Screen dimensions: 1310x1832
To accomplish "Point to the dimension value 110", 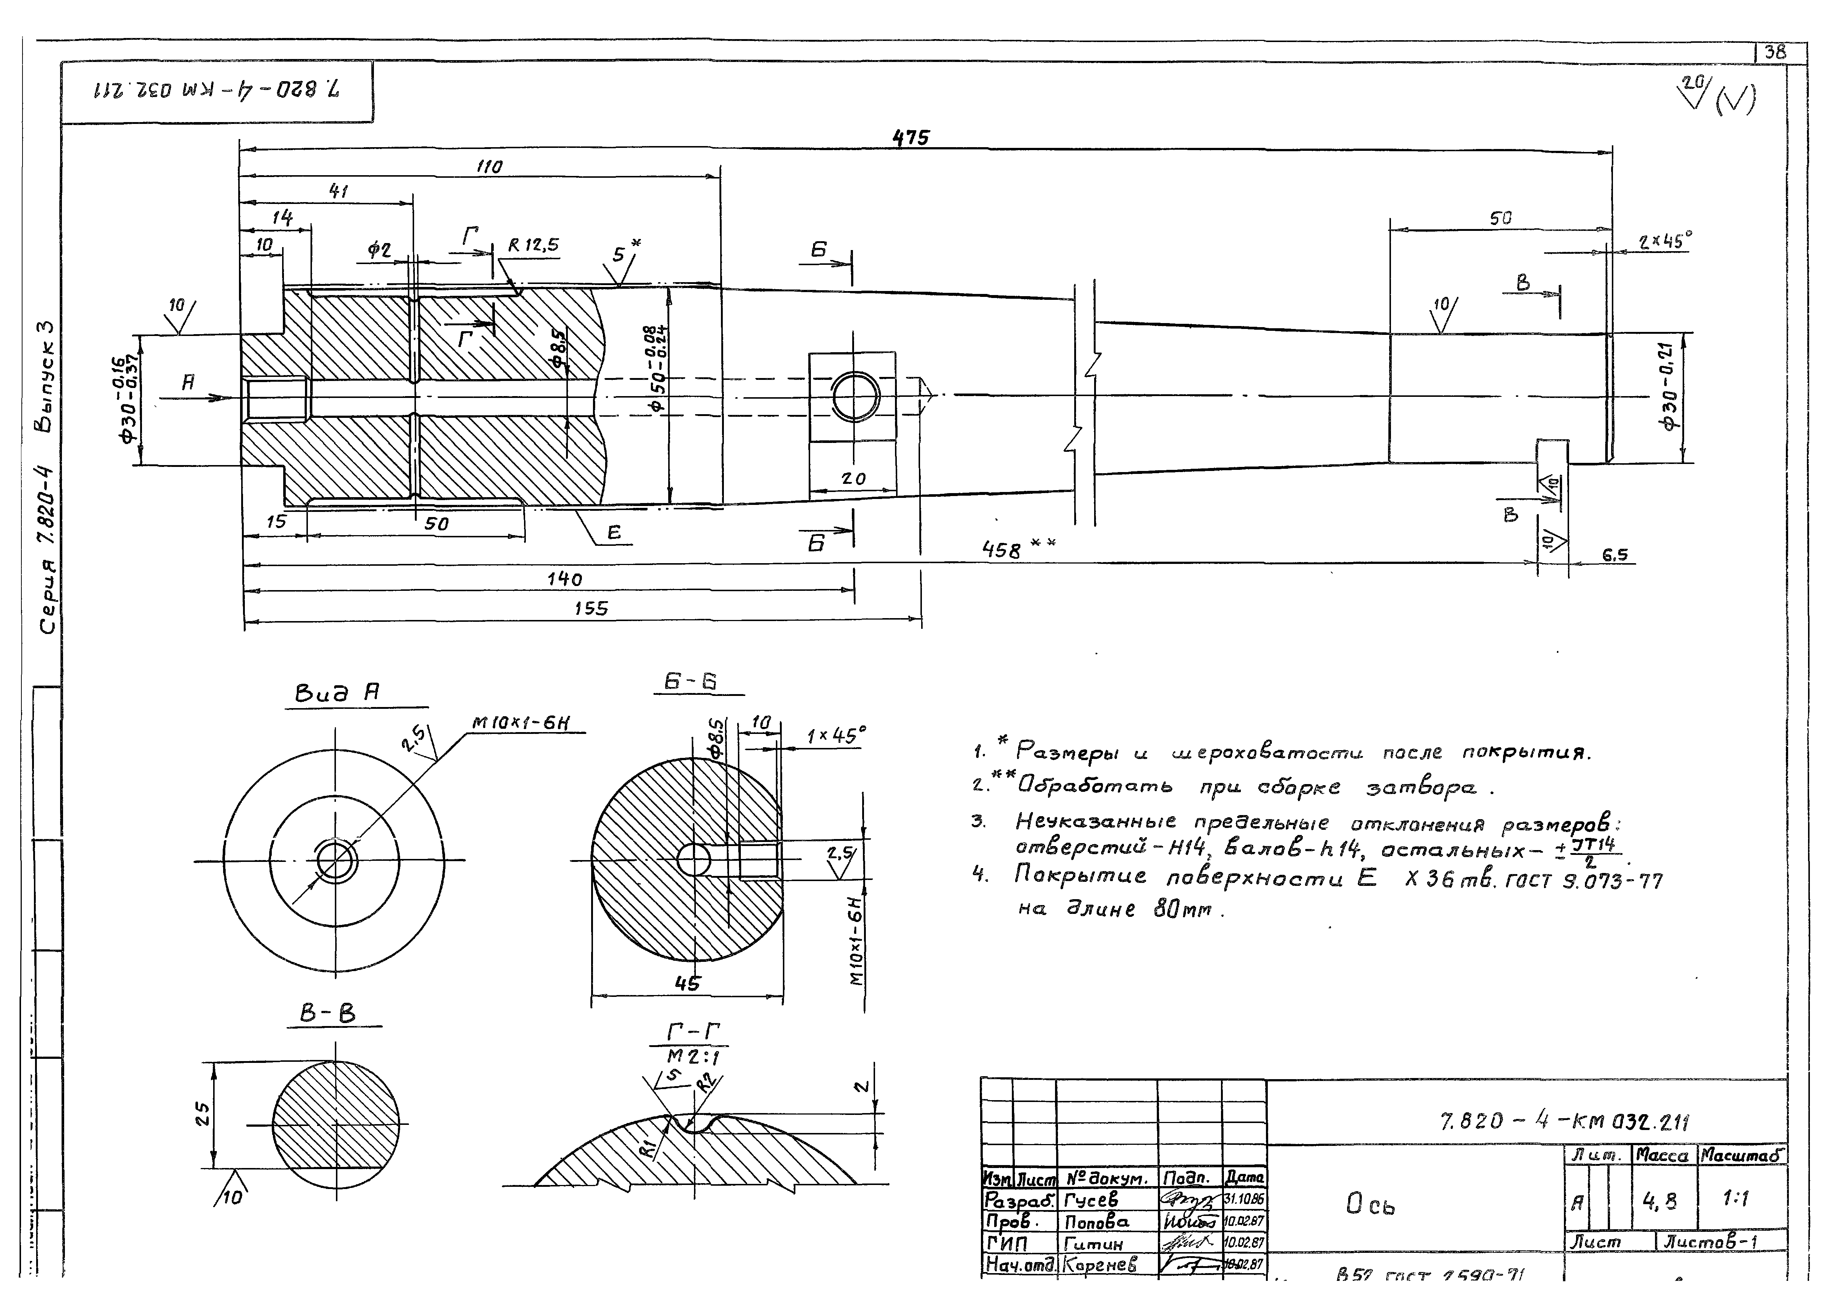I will (489, 166).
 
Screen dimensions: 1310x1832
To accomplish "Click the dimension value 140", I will (565, 579).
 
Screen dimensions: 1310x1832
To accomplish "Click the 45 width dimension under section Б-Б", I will (687, 983).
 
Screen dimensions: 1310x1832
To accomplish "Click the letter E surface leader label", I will (614, 533).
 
